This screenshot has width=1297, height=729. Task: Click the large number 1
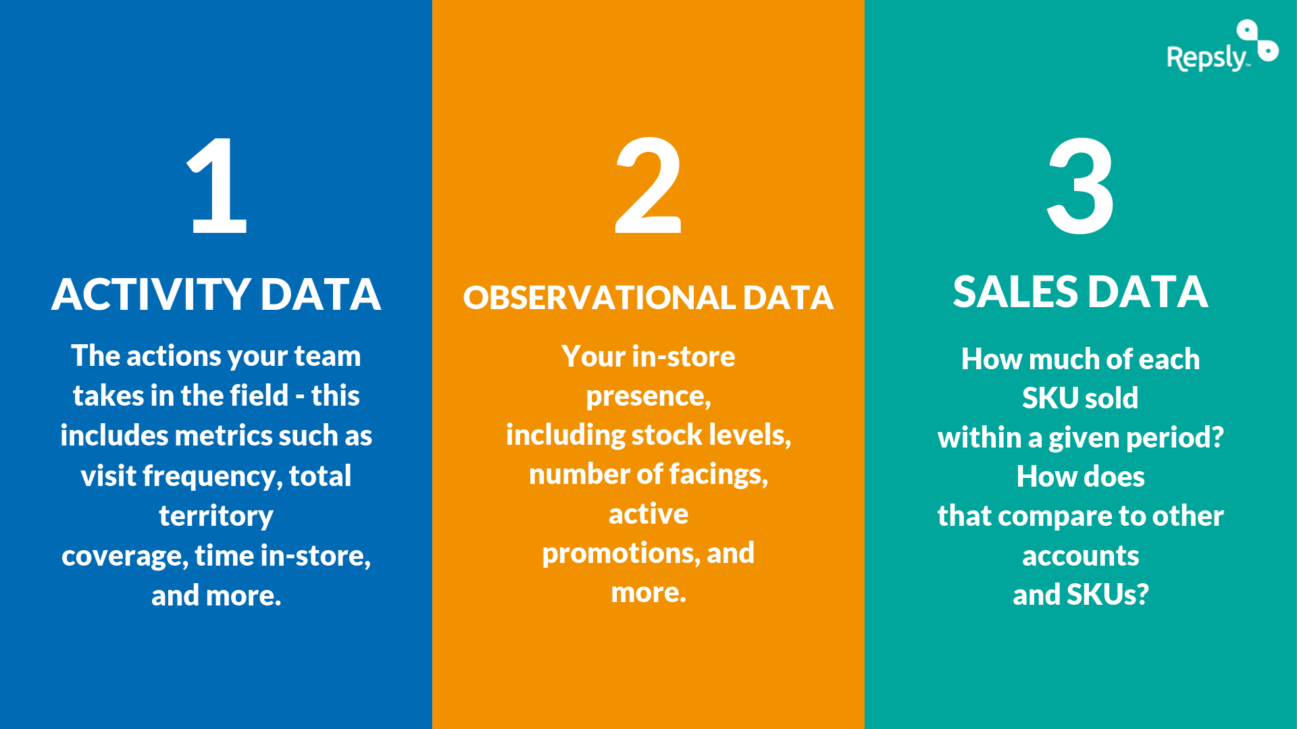coord(218,185)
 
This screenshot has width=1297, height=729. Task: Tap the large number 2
coord(648,185)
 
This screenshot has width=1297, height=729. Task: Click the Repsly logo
coord(1221,49)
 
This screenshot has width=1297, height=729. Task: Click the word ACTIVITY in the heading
coord(151,295)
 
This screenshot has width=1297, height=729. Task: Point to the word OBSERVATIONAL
coord(599,298)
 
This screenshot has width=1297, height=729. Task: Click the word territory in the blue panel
coord(216,516)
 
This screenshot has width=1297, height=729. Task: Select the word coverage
coord(124,556)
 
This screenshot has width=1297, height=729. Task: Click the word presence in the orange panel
coord(648,397)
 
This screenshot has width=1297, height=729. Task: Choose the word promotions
coord(621,554)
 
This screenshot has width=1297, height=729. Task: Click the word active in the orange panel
coord(648,514)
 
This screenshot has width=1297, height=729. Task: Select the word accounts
coord(1080,556)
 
